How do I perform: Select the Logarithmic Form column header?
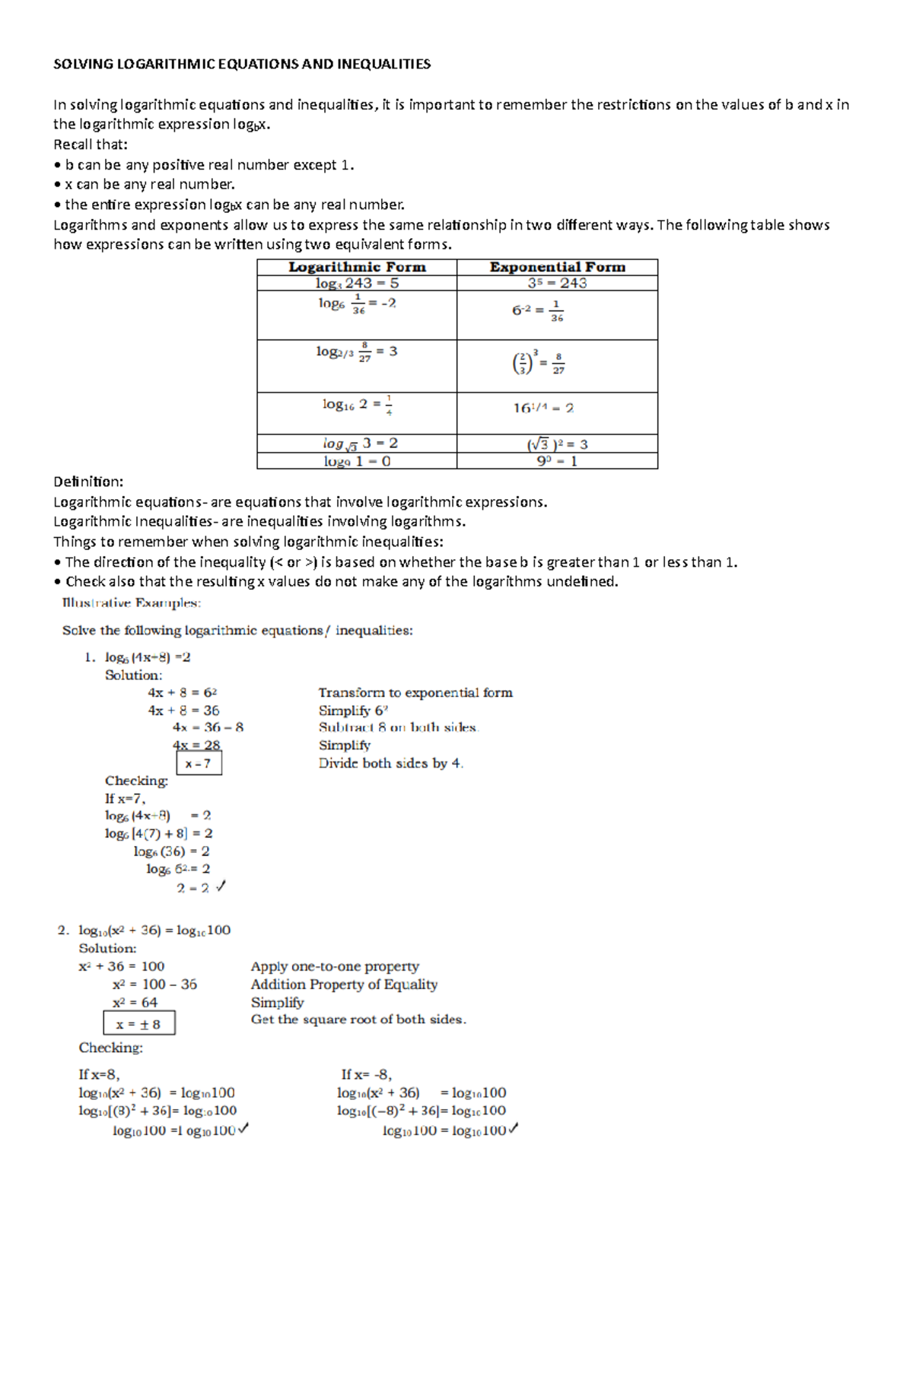tap(357, 267)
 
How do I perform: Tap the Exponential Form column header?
tap(557, 267)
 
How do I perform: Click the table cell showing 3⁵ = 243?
tap(557, 283)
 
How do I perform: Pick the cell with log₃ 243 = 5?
tap(357, 283)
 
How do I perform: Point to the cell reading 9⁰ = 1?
tap(557, 461)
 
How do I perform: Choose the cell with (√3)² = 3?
tap(557, 444)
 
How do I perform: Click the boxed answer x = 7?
tap(199, 763)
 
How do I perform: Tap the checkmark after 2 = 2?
tap(221, 886)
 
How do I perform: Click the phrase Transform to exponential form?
tap(415, 692)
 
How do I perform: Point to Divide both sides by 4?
tap(390, 763)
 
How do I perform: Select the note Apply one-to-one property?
tap(335, 966)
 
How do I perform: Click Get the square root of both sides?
tap(358, 1019)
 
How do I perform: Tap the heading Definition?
tap(88, 482)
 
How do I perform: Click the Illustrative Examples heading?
tap(131, 603)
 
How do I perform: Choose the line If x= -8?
tap(366, 1074)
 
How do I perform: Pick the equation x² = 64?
tap(135, 1003)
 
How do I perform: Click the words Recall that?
tap(91, 145)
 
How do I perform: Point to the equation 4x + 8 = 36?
tap(183, 710)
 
